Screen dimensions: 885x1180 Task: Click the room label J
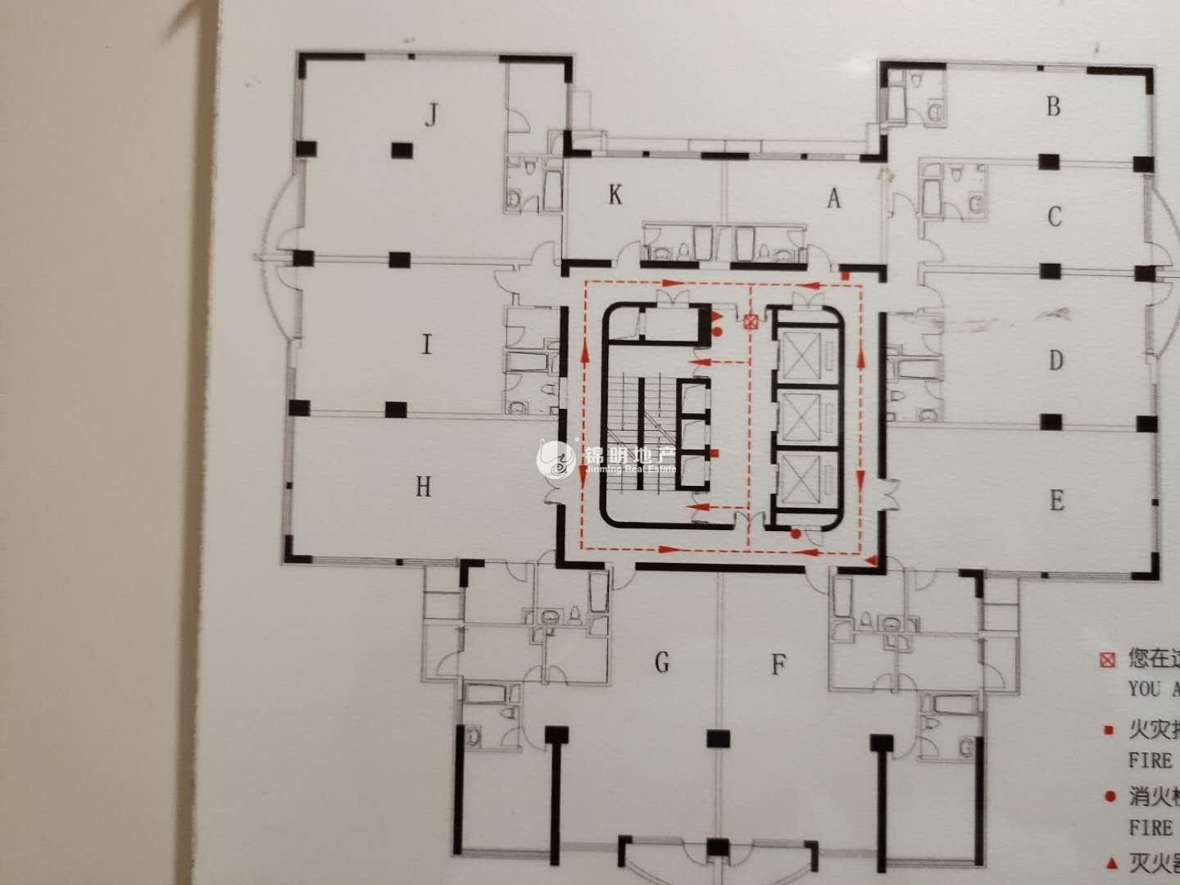pyautogui.click(x=429, y=117)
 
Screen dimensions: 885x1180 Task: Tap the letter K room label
pyautogui.click(x=615, y=195)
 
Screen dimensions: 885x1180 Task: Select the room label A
pyautogui.click(x=834, y=197)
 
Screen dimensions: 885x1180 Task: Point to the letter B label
pyautogui.click(x=1054, y=107)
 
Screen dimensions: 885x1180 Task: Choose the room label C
pyautogui.click(x=1055, y=216)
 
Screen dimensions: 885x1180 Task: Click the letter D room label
pyautogui.click(x=1056, y=360)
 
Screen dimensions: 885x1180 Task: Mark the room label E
pyautogui.click(x=1057, y=500)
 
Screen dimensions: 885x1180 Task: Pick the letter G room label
pyautogui.click(x=662, y=661)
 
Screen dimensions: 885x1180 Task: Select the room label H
pyautogui.click(x=423, y=488)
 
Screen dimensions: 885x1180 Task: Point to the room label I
pyautogui.click(x=426, y=345)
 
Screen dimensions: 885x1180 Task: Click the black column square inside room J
pyautogui.click(x=401, y=150)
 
